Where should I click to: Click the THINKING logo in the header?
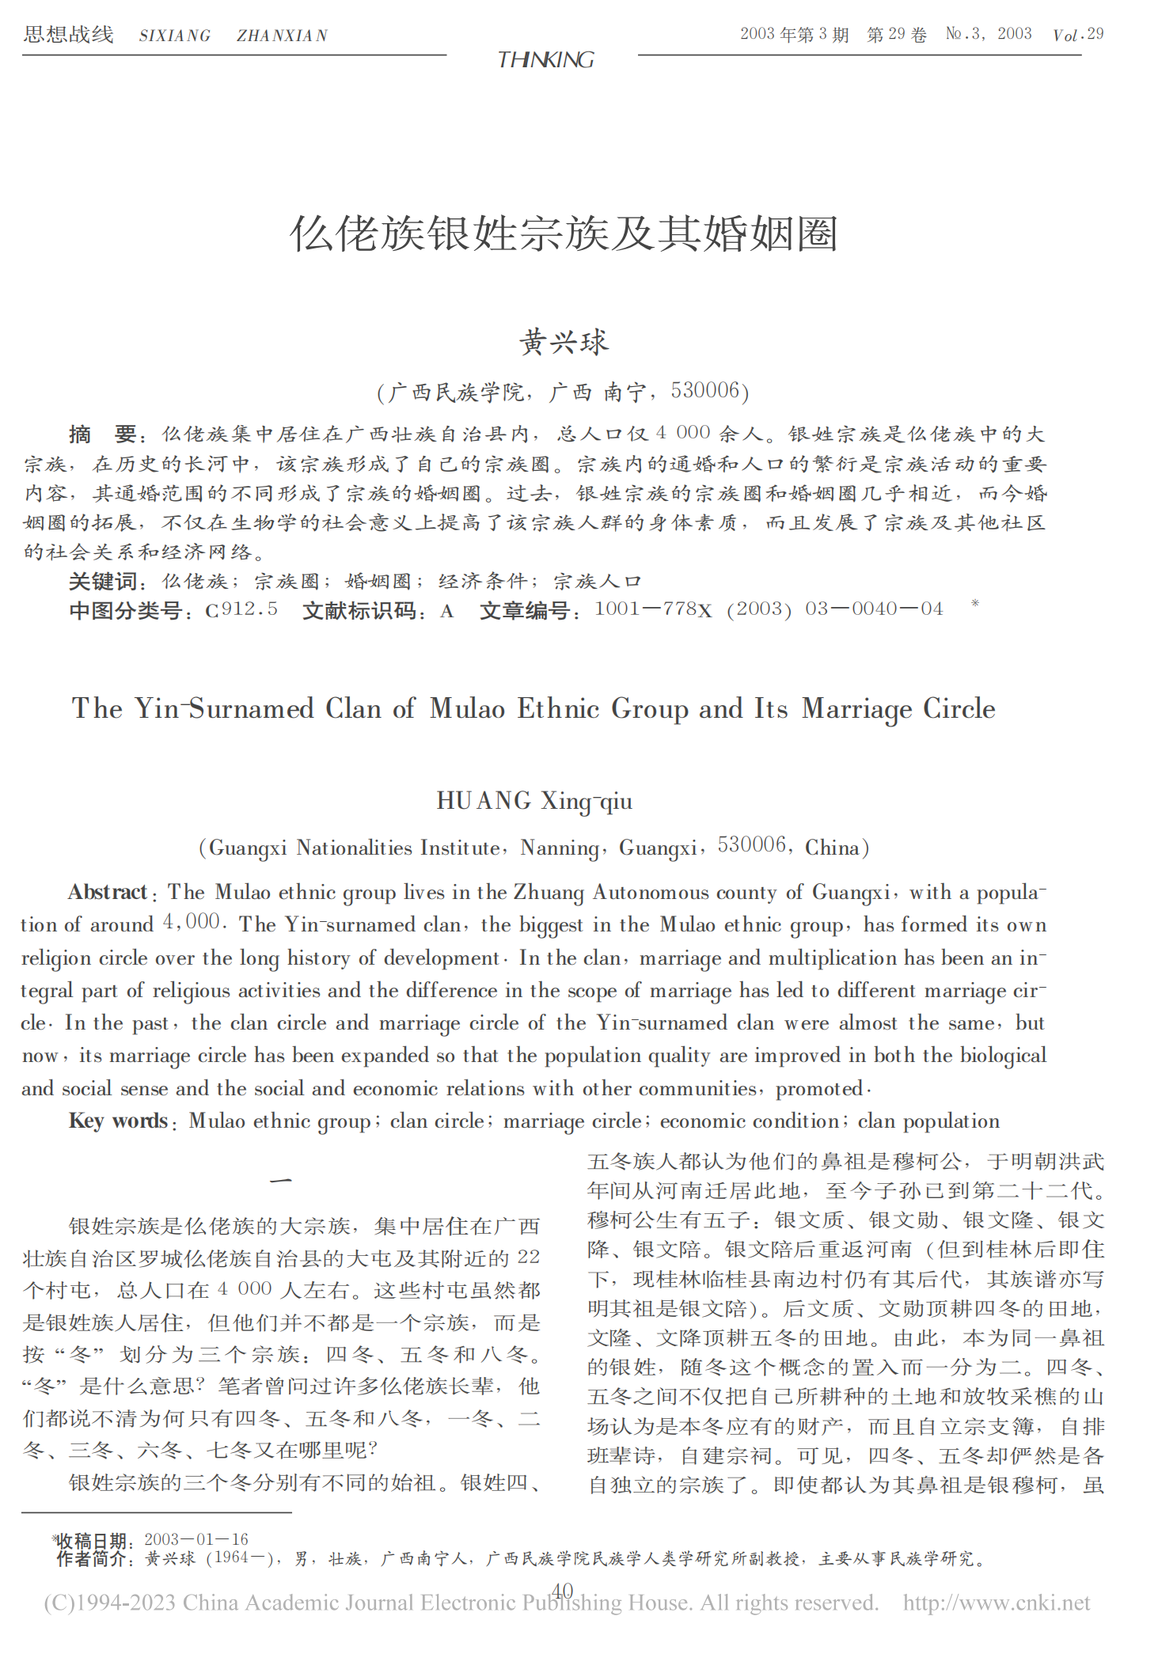(x=545, y=59)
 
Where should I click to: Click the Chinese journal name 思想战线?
(x=69, y=34)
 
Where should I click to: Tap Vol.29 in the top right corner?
(x=1078, y=34)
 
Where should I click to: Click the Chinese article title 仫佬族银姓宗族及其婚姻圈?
(x=564, y=234)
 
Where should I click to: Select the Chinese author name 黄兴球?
(x=564, y=343)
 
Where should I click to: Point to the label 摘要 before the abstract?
(x=102, y=434)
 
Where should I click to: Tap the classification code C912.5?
(x=241, y=609)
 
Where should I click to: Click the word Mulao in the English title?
(x=467, y=708)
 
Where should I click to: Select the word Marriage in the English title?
(x=856, y=708)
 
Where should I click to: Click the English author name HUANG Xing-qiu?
(x=534, y=801)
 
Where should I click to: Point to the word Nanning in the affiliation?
(x=559, y=848)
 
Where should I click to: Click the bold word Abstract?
(x=108, y=893)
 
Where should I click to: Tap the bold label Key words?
(x=118, y=1121)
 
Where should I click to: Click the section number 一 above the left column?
(x=281, y=1181)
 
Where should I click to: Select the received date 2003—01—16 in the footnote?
(x=196, y=1539)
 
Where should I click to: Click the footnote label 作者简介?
(x=91, y=1558)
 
